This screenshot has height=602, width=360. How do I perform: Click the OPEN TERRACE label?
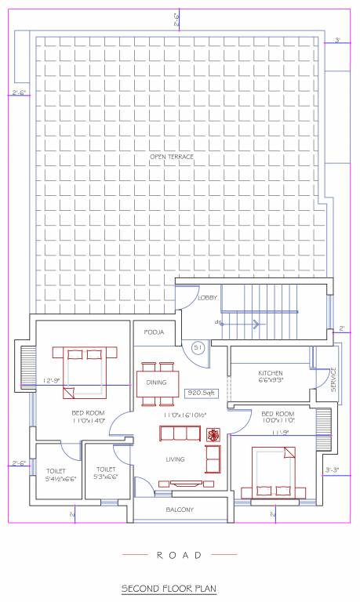[x=172, y=158]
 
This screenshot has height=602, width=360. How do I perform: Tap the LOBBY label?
[x=208, y=298]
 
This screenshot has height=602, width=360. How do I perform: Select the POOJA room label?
[x=154, y=332]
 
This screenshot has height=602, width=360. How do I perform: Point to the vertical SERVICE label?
[x=332, y=379]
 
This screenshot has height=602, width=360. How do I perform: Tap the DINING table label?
[x=156, y=383]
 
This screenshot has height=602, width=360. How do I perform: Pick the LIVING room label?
[x=174, y=459]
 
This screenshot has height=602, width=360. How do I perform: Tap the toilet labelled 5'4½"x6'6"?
[x=60, y=474]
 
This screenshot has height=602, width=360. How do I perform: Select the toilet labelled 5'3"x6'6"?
[x=106, y=474]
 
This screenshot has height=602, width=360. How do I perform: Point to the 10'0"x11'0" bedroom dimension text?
[x=278, y=421]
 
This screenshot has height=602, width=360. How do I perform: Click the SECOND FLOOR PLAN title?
[x=168, y=587]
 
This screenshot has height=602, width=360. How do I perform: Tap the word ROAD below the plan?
[x=180, y=554]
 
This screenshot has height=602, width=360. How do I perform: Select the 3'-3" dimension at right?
[x=332, y=470]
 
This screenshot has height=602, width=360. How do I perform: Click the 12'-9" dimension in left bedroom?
[x=53, y=380]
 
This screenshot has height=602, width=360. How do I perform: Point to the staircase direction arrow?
[x=256, y=322]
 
